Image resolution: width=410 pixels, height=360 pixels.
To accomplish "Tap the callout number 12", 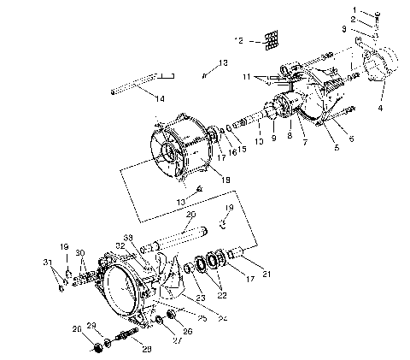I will (240, 40).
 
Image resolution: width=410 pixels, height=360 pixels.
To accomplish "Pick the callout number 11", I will (248, 78).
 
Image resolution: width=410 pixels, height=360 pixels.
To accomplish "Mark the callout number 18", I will (225, 179).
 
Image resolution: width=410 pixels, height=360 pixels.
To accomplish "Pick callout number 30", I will (80, 253).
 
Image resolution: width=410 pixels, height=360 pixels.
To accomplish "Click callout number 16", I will (231, 150).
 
